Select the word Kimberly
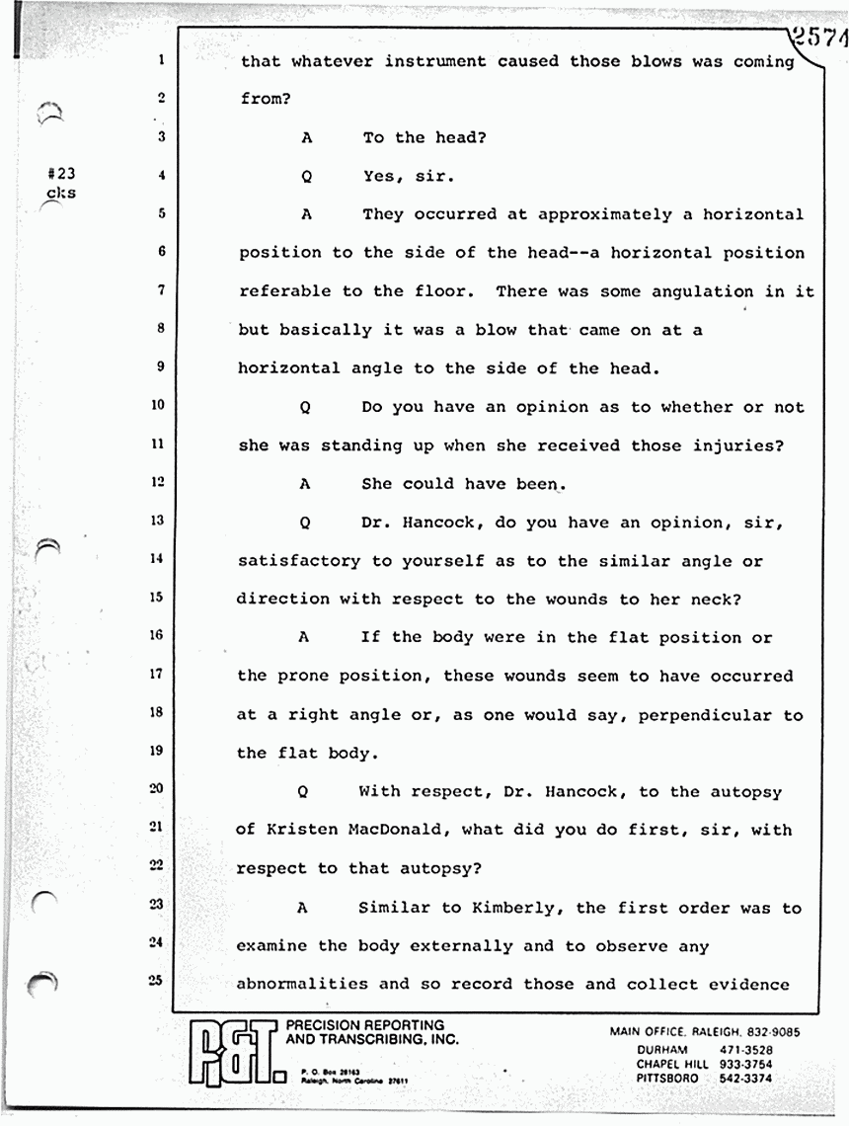[x=512, y=908]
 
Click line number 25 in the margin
[x=156, y=979]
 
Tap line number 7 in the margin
[x=159, y=289]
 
